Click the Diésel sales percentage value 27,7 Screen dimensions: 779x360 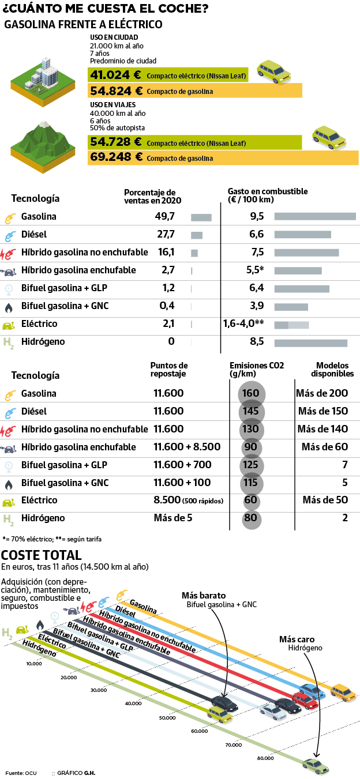click(x=166, y=235)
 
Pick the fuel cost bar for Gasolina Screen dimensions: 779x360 click(x=315, y=217)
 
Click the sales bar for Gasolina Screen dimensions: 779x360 click(x=201, y=217)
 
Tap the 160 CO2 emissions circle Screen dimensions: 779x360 click(x=252, y=394)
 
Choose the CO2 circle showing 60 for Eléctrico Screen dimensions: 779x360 click(x=251, y=500)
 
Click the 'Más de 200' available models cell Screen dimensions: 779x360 click(x=322, y=394)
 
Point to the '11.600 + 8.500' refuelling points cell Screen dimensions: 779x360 click(x=187, y=447)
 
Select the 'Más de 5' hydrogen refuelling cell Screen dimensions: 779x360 click(x=173, y=518)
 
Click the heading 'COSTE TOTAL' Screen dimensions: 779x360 click(x=42, y=555)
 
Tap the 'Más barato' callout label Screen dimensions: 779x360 click(x=204, y=595)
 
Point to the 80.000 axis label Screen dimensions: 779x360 click(x=265, y=758)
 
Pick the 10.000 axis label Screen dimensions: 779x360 click(x=34, y=664)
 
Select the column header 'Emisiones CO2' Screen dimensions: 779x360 click(x=257, y=366)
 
